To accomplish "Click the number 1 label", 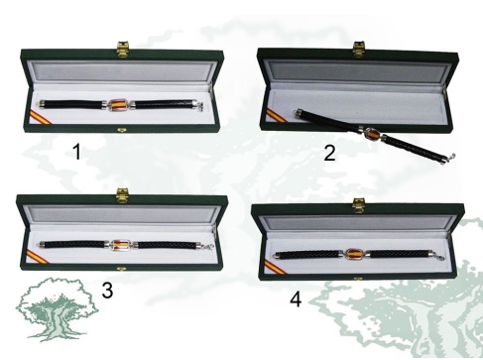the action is (76, 152).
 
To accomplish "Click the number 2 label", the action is (329, 153).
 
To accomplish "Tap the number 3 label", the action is (107, 291).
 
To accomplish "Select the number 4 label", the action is (296, 300).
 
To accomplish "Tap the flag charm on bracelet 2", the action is (372, 134).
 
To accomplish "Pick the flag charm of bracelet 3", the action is (121, 245).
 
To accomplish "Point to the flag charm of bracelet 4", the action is (354, 254).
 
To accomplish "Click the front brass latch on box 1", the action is (121, 130).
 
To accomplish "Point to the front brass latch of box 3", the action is (121, 268).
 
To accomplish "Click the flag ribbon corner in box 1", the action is (40, 117).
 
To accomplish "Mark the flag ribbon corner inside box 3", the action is (37, 257).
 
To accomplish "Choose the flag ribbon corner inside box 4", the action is (275, 268).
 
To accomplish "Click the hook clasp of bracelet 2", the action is (450, 158).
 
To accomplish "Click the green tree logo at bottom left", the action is (57, 309).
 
